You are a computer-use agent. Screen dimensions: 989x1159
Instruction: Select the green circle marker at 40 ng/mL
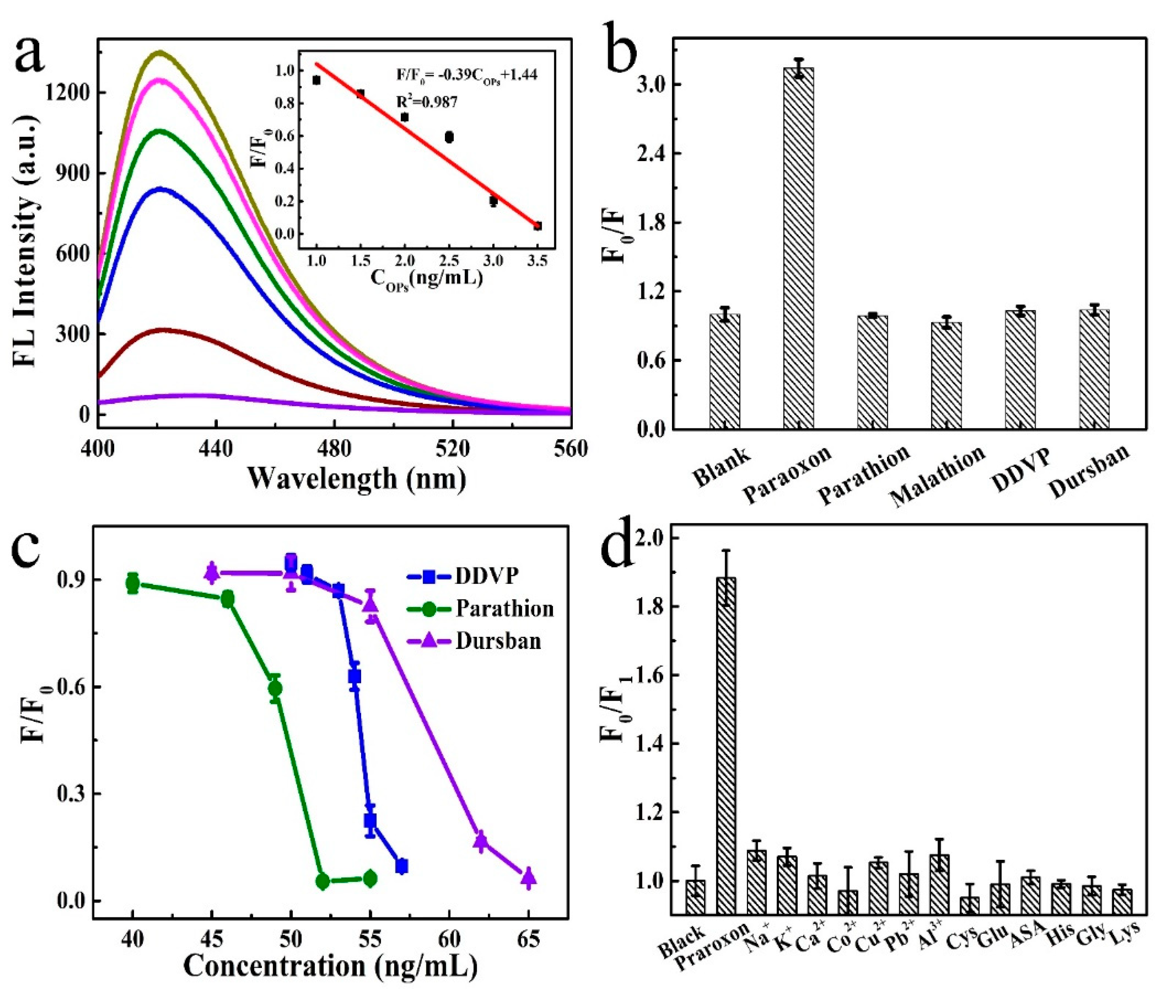(132, 583)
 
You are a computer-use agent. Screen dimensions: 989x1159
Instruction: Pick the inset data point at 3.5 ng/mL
(538, 226)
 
